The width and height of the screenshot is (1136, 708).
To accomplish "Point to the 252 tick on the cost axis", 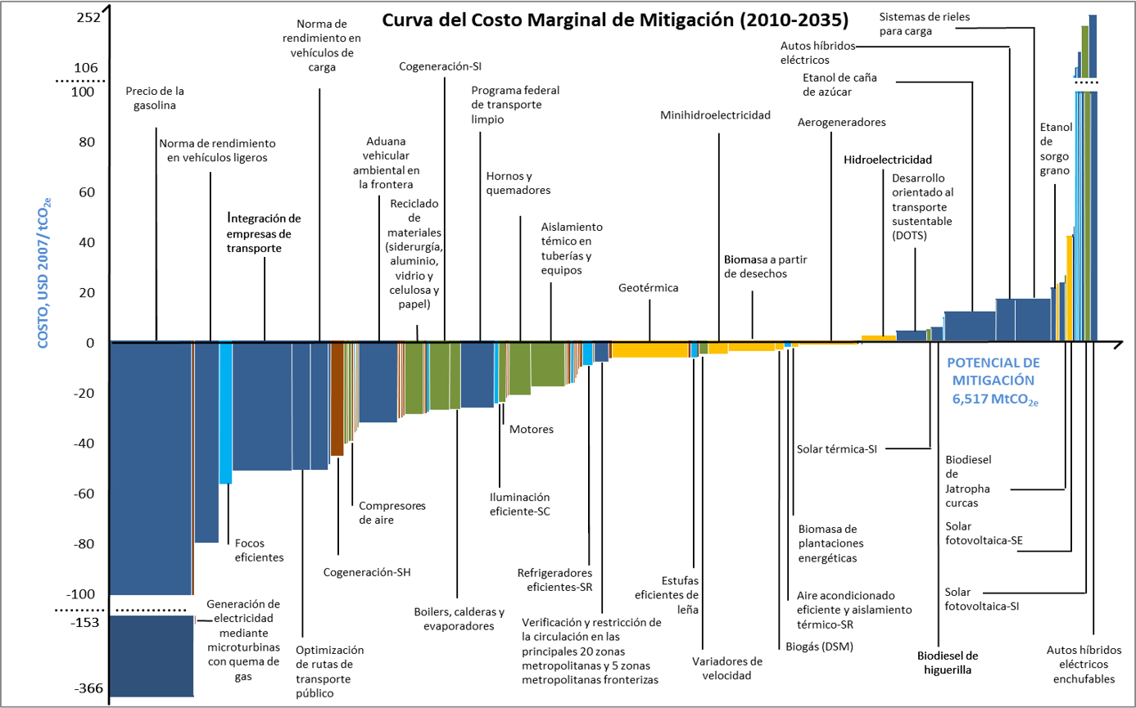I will coord(86,17).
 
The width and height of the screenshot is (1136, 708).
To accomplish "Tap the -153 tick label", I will coord(84,622).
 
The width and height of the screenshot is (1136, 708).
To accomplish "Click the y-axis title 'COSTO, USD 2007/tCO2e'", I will coord(44,269).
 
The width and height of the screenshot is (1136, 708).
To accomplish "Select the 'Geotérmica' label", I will coord(649,287).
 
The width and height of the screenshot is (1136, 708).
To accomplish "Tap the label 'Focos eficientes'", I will coord(259,549).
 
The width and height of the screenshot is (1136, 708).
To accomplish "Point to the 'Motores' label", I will coord(531,429).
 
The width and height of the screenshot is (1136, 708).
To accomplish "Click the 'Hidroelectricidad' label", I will coord(888,160).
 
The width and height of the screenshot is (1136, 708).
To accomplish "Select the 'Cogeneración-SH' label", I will coord(367,571).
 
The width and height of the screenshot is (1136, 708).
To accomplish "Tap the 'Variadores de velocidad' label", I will coord(726,668).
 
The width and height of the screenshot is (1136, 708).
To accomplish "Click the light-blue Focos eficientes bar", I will coord(225,413).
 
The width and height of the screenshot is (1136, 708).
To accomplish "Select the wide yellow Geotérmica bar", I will coord(650,349).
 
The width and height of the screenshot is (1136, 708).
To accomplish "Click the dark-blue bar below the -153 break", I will coord(152,655).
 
